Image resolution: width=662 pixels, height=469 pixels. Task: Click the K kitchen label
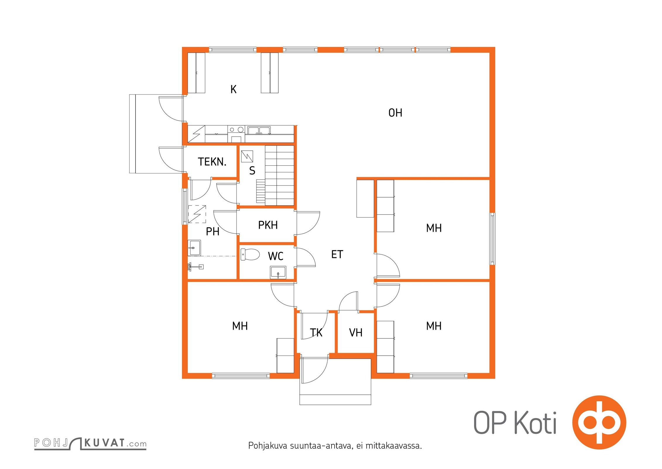233,89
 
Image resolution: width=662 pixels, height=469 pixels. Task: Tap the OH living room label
395,113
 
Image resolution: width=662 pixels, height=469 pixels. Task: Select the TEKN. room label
212,162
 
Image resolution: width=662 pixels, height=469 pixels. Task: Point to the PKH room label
268,225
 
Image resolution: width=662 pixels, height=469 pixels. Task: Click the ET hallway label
337,254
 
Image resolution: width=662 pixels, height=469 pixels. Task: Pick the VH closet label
356,333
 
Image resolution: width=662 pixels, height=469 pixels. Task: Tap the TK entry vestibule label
316,333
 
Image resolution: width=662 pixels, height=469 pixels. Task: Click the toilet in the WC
250,254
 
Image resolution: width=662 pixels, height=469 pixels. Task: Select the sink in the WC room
278,273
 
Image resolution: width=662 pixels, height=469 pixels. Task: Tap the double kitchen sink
259,130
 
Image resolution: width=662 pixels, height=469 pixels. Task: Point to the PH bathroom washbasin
194,248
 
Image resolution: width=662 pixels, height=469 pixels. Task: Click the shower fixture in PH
195,267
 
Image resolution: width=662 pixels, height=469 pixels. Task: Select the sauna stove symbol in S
247,156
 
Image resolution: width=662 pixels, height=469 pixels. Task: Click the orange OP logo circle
599,422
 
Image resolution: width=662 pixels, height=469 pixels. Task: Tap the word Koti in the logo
536,422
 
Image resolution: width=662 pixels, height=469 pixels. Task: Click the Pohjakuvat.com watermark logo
90,443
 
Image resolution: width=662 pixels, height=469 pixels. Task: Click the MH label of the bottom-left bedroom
240,326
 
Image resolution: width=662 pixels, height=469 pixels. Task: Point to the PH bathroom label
212,232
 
